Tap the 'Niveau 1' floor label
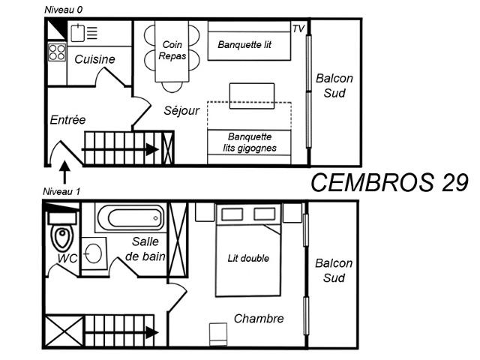coord(61,190)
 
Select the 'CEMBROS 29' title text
coord(389,182)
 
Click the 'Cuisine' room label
coord(94,59)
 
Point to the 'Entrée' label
coord(68,119)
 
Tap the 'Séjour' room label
coord(181,110)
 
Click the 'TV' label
coord(298,28)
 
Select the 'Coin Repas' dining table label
coord(172,50)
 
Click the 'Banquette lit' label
coord(244,44)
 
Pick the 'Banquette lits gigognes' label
coord(249,142)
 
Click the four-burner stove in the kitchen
coord(57,52)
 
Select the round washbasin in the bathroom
coord(93,252)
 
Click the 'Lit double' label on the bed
coord(248,258)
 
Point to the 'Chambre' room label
coord(259,319)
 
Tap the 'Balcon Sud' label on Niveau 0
coord(334,85)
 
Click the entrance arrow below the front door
coord(65,175)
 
